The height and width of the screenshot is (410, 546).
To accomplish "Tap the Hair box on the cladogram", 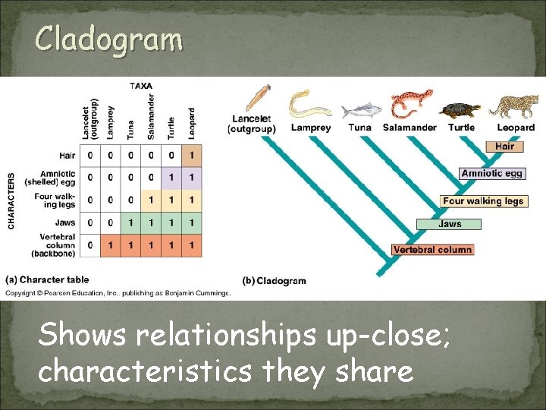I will point(505,147).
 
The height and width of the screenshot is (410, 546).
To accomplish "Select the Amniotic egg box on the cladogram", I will point(492,173).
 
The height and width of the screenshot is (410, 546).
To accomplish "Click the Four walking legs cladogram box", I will point(483,201).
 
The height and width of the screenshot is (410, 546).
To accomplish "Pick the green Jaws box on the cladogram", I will point(449,224).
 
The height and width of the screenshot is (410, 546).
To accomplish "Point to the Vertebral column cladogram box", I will point(433,250).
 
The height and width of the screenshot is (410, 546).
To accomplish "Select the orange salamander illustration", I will point(410,106).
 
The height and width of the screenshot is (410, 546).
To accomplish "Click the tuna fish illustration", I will point(359,111).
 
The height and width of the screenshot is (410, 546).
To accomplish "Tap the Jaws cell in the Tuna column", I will point(130,222).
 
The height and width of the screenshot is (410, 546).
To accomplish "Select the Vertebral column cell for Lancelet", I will point(90,244).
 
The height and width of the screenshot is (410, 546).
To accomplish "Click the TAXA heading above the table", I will point(140,87).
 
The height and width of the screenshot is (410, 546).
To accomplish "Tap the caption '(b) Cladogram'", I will point(274,281).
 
